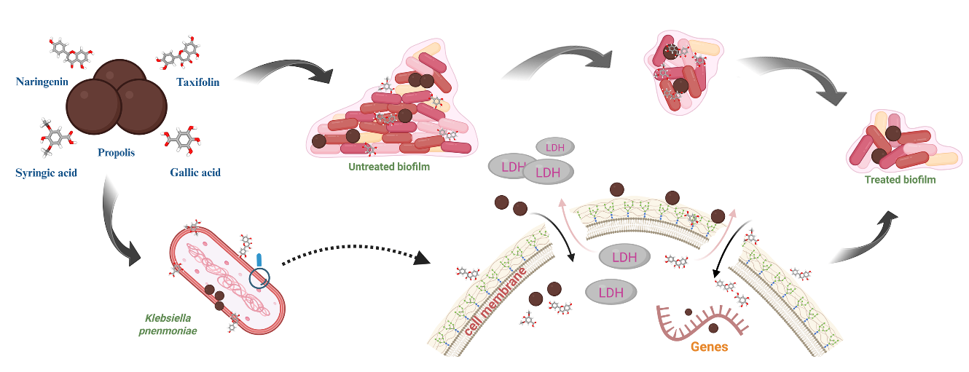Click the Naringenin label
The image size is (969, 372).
[42, 81]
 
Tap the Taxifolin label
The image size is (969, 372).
[197, 82]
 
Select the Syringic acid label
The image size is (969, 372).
[46, 173]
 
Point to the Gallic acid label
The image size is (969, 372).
[195, 173]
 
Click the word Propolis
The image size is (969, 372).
[117, 153]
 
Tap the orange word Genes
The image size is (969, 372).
[709, 347]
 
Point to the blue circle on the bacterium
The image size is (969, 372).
[259, 278]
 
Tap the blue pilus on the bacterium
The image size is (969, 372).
[259, 261]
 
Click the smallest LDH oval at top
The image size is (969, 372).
[555, 147]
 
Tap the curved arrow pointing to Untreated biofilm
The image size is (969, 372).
[280, 73]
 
